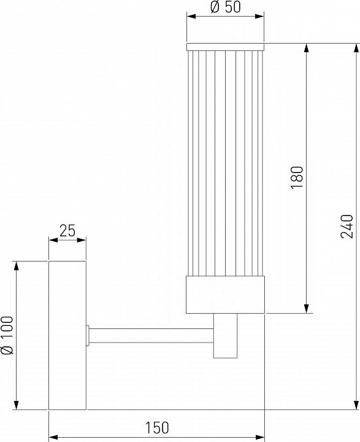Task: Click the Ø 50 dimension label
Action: [x=226, y=7]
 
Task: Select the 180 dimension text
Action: [x=297, y=177]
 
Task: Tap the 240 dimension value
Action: [x=347, y=227]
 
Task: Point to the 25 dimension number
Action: [x=67, y=231]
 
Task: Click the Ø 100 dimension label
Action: [x=7, y=335]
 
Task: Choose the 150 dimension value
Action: [x=157, y=427]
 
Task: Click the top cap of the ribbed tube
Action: [x=225, y=47]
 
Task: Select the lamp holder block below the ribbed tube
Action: [x=225, y=294]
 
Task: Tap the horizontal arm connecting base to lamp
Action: [x=151, y=335]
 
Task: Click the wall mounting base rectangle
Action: [x=67, y=335]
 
